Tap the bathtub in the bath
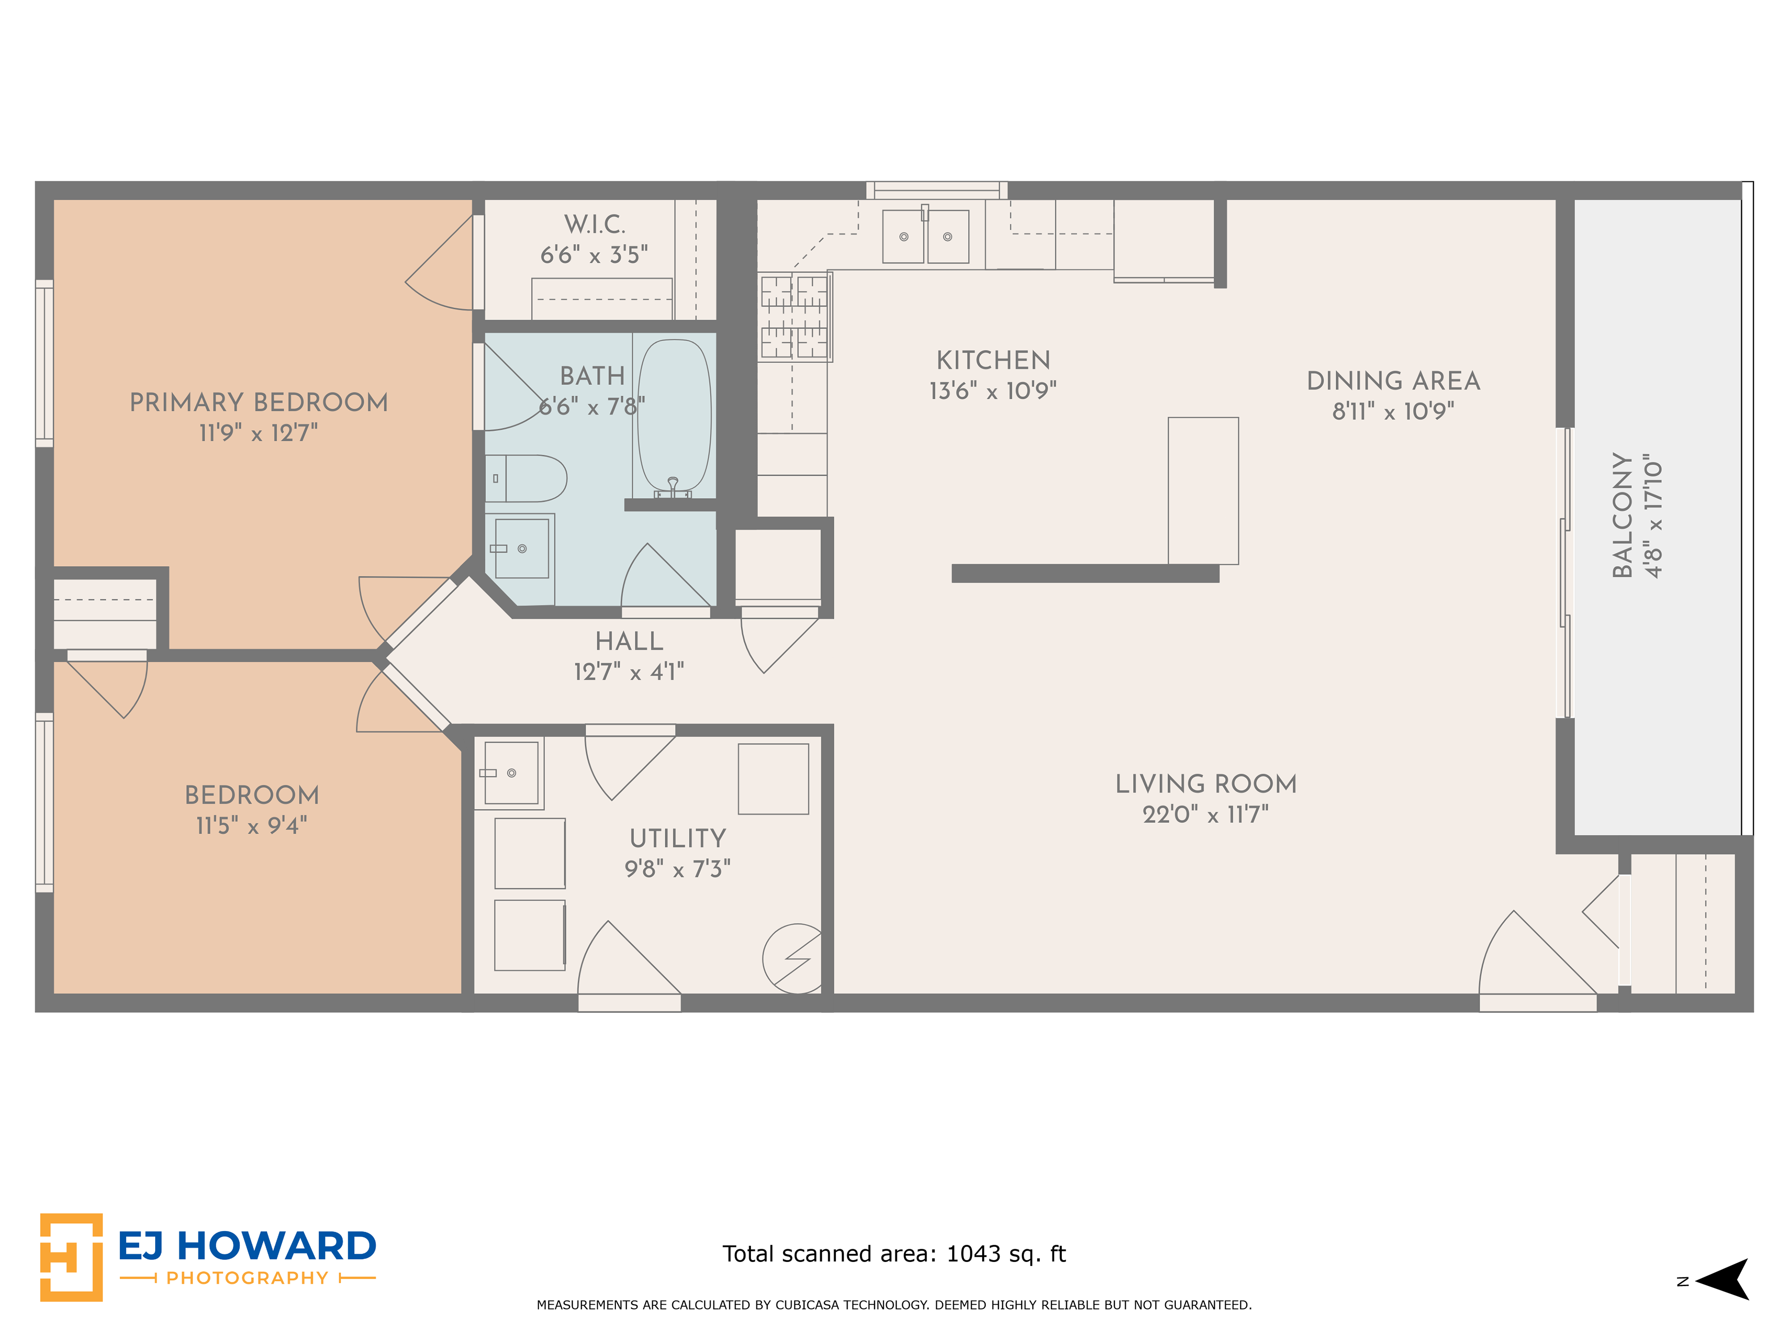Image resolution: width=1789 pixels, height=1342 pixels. point(675,417)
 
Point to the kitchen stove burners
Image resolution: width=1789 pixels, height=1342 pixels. point(795,316)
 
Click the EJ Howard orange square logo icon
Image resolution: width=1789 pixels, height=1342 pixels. point(71,1257)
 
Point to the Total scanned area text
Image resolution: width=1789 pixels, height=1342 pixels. point(894,1254)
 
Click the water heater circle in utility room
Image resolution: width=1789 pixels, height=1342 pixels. point(792,959)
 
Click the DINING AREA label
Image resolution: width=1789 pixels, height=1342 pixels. point(1393,381)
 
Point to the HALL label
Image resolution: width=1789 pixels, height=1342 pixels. point(629,642)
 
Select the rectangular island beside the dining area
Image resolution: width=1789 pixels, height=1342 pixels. point(1203,491)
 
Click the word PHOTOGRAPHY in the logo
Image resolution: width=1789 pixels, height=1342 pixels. point(247,1278)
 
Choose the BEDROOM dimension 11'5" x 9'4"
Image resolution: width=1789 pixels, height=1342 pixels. point(252,826)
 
